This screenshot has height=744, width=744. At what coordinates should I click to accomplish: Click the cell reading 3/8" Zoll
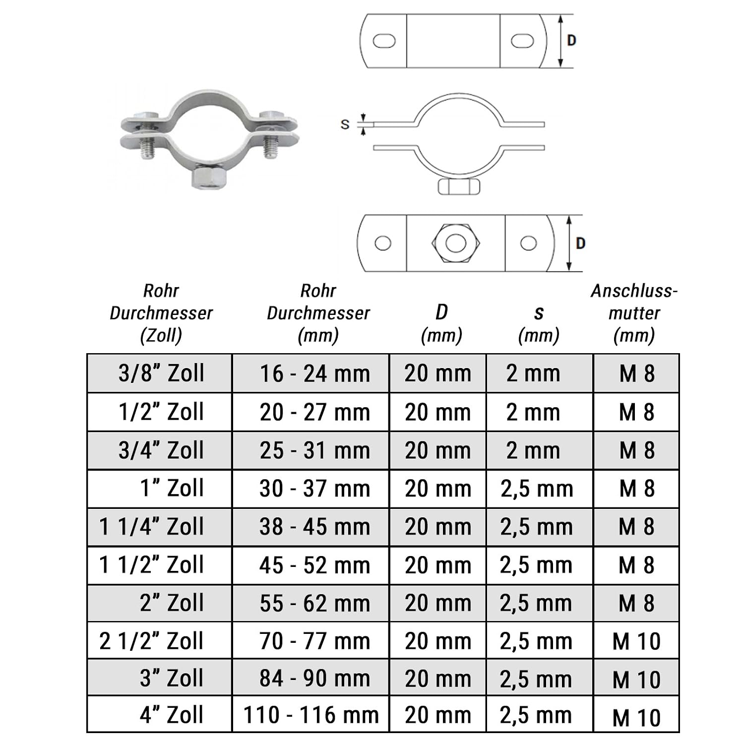(x=160, y=373)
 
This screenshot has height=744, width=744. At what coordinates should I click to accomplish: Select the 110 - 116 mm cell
(x=311, y=715)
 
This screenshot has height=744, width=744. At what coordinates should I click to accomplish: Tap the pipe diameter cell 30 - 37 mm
(x=311, y=489)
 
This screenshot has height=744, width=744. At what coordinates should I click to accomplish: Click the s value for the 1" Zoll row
(x=540, y=489)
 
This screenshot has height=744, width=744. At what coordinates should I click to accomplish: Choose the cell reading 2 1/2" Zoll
(x=160, y=640)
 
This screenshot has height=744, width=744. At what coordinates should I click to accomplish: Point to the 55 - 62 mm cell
(x=311, y=603)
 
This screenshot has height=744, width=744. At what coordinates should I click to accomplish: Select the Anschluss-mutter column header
(x=634, y=313)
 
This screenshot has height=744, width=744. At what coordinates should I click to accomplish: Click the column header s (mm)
(x=539, y=324)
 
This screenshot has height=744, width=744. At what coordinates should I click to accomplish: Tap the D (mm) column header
(x=441, y=323)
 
